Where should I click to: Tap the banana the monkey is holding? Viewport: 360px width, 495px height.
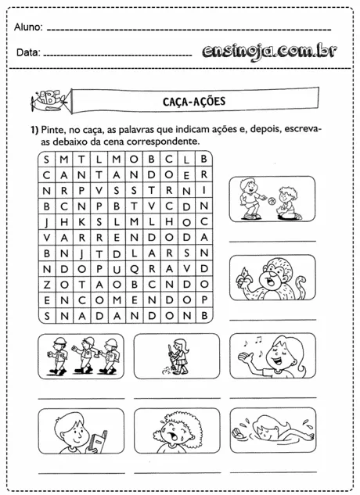click(x=242, y=274)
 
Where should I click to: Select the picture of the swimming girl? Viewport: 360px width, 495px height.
click(x=272, y=430)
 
